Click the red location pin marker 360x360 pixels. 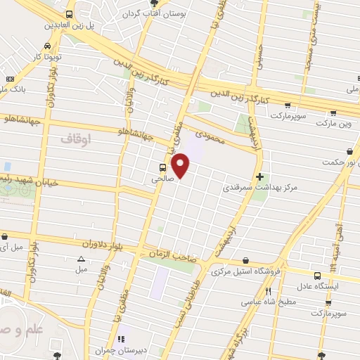[181, 165]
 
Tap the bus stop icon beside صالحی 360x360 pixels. [163, 167]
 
